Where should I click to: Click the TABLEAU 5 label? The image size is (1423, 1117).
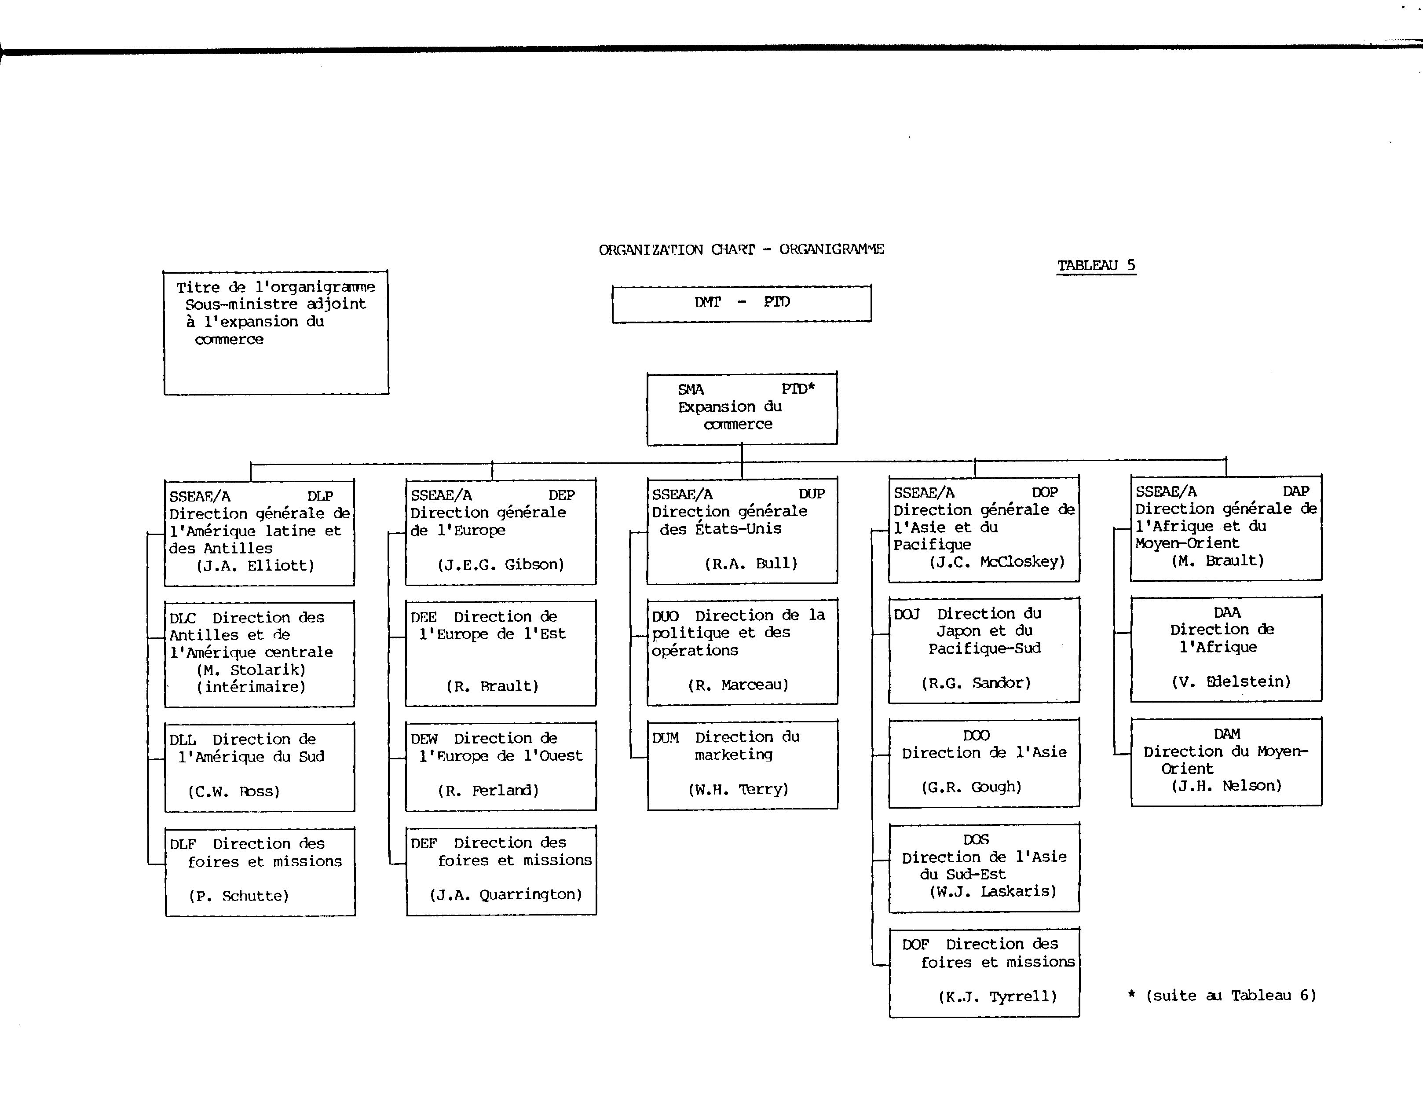(x=1097, y=266)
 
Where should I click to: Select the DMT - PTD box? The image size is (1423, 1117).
(x=742, y=304)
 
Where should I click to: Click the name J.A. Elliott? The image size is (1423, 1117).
(x=255, y=566)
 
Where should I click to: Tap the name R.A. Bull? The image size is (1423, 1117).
(x=751, y=563)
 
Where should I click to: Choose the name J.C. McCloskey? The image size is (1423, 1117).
(x=997, y=561)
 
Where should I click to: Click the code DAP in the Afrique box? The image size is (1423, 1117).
(x=1295, y=491)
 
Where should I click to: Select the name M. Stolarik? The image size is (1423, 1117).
(x=251, y=670)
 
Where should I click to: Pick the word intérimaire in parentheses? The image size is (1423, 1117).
(x=251, y=687)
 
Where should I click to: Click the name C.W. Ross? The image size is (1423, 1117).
(x=234, y=791)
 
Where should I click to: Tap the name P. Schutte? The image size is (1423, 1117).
(x=239, y=896)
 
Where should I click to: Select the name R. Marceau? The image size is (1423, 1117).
(x=738, y=685)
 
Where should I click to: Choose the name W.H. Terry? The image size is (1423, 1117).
(x=738, y=789)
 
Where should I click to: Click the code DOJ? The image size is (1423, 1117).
(x=907, y=614)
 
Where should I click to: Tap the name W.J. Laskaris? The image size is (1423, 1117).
(x=993, y=891)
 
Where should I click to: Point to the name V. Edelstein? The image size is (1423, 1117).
(x=1231, y=681)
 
